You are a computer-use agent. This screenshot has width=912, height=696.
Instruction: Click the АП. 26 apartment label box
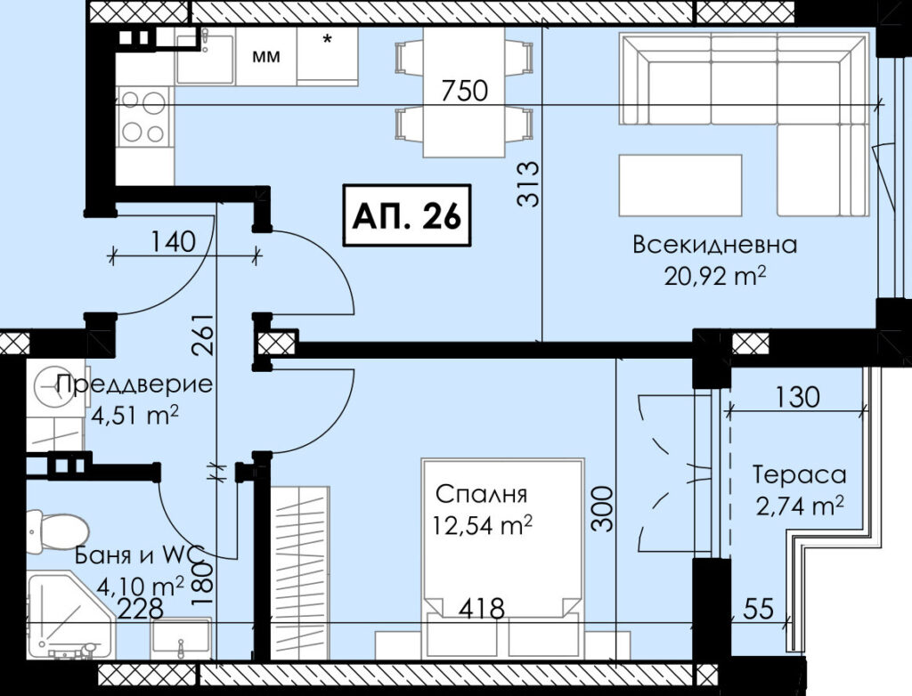pyautogui.click(x=407, y=215)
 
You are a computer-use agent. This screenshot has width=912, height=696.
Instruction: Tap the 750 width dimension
pyautogui.click(x=464, y=91)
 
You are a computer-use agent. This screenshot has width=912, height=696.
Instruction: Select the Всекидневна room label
pyautogui.click(x=714, y=245)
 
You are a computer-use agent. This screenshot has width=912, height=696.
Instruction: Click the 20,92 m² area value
pyautogui.click(x=714, y=276)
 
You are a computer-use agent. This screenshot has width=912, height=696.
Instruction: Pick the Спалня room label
pyautogui.click(x=481, y=494)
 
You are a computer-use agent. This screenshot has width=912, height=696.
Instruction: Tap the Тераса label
pyautogui.click(x=799, y=474)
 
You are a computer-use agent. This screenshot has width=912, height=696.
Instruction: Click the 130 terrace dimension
pyautogui.click(x=797, y=397)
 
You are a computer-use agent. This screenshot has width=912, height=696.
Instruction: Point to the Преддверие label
pyautogui.click(x=134, y=384)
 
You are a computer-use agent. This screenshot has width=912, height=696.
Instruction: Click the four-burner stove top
pyautogui.click(x=143, y=117)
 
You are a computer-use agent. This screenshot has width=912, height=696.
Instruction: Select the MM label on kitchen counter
pyautogui.click(x=265, y=57)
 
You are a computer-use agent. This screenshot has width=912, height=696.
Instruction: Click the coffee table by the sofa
pyautogui.click(x=680, y=185)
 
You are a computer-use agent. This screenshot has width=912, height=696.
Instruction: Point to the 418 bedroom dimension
pyautogui.click(x=481, y=609)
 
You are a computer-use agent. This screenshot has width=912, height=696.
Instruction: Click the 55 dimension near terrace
pyautogui.click(x=759, y=609)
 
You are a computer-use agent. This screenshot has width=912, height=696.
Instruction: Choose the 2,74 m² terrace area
pyautogui.click(x=800, y=506)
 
